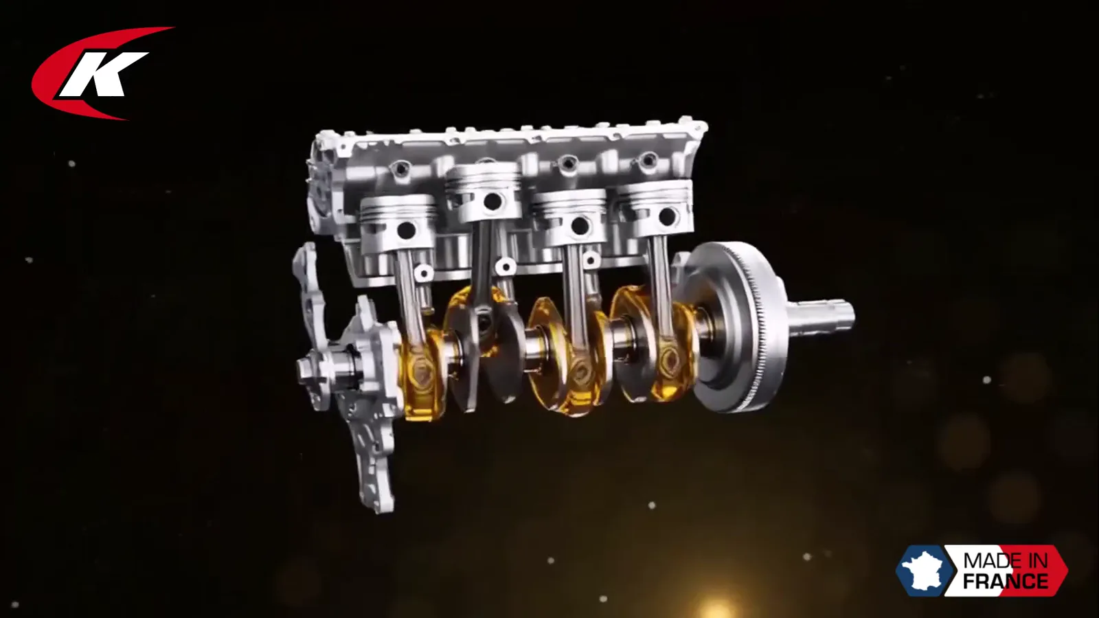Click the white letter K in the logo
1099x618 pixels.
(x=100, y=73)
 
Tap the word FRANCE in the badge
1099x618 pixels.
(x=1006, y=581)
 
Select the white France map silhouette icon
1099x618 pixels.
(x=925, y=571)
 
